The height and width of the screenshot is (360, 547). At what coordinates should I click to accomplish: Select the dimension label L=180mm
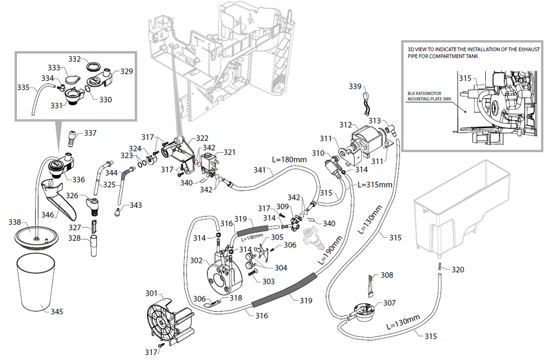289,160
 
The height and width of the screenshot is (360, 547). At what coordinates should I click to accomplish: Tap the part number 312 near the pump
346,125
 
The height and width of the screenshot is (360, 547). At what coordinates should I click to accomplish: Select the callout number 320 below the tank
457,270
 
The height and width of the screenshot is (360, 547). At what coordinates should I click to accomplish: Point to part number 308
386,275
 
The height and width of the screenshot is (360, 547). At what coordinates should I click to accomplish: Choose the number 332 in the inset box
75,59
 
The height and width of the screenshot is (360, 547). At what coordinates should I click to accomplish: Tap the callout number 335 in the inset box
23,87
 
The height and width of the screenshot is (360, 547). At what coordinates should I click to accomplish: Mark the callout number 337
90,133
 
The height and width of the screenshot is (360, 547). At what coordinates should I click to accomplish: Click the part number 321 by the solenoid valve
229,152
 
